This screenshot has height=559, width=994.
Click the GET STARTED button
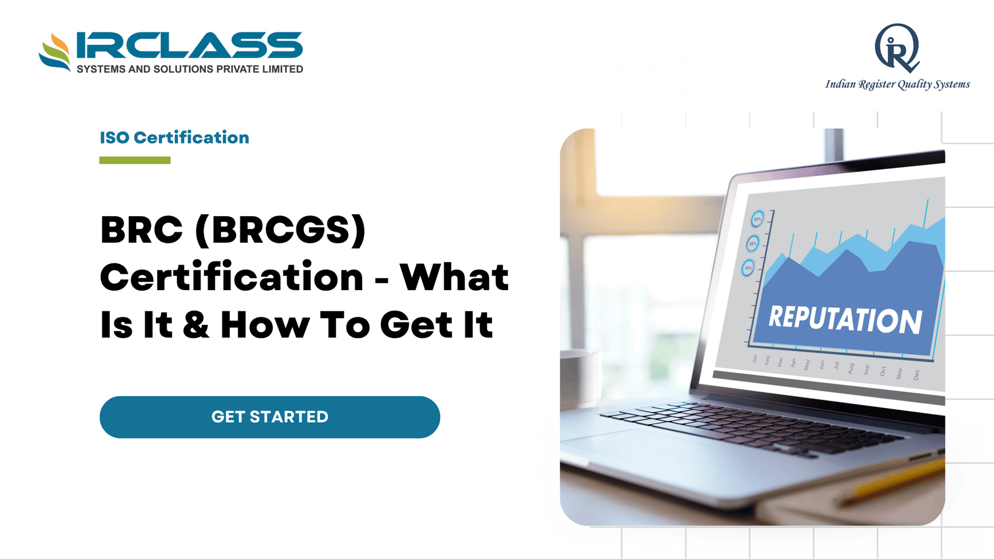[270, 417]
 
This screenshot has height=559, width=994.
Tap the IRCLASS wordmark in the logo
[189, 46]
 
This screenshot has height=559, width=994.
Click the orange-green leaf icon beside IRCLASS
[55, 52]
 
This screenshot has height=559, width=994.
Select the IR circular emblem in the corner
[896, 48]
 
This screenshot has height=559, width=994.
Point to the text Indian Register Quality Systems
[897, 84]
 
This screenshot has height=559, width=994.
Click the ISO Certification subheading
[175, 137]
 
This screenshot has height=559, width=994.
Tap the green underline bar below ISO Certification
[135, 160]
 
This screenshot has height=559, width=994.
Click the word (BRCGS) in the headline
[280, 230]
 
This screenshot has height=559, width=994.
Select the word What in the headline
[454, 277]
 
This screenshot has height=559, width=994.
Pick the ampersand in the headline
[196, 325]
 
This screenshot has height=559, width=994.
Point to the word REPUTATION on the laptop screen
[845, 319]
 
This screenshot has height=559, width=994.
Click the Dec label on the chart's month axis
[916, 375]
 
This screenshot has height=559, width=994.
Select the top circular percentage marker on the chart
[757, 219]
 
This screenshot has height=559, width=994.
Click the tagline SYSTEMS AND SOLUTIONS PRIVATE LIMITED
[189, 69]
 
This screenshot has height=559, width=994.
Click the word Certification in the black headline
[232, 277]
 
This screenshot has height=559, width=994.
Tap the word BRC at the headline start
[142, 230]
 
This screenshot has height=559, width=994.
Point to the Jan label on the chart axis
[755, 358]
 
